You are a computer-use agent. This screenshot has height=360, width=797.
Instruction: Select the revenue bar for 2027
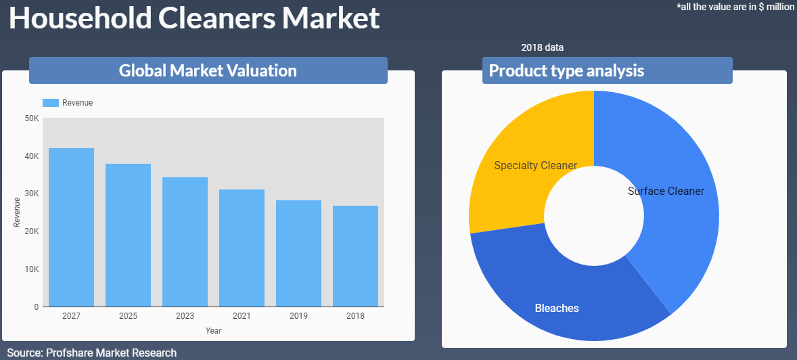point(71,227)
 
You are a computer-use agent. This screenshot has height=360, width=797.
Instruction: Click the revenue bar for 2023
point(185,242)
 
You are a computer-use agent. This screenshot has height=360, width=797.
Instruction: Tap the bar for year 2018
point(356,256)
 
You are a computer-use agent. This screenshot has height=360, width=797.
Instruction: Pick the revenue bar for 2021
point(242,248)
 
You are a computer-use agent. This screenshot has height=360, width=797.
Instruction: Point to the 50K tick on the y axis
point(32,118)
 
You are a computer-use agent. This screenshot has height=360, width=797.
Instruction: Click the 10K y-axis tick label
point(32,269)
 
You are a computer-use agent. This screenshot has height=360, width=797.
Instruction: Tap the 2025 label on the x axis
point(128,316)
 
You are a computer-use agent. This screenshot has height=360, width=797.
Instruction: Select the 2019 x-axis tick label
point(299,316)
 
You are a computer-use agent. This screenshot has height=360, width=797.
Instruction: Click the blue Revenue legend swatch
point(51,103)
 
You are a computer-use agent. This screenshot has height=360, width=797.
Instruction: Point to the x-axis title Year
point(214,331)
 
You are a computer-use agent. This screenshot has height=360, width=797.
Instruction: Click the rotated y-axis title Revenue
point(17,212)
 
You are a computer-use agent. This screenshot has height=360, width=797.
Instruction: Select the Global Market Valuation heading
point(208,70)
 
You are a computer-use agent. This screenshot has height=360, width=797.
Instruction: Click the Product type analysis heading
point(566,70)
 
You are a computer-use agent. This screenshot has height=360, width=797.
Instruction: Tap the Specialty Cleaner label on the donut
point(536,165)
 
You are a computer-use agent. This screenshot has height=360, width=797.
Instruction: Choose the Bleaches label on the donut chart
point(557,308)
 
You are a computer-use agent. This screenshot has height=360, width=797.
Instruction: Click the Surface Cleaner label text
point(666,192)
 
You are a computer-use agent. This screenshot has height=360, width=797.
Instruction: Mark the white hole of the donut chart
point(593,216)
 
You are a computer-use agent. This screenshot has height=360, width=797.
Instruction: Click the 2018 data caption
point(543,48)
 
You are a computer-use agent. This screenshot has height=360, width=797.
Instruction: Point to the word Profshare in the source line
point(69,353)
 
